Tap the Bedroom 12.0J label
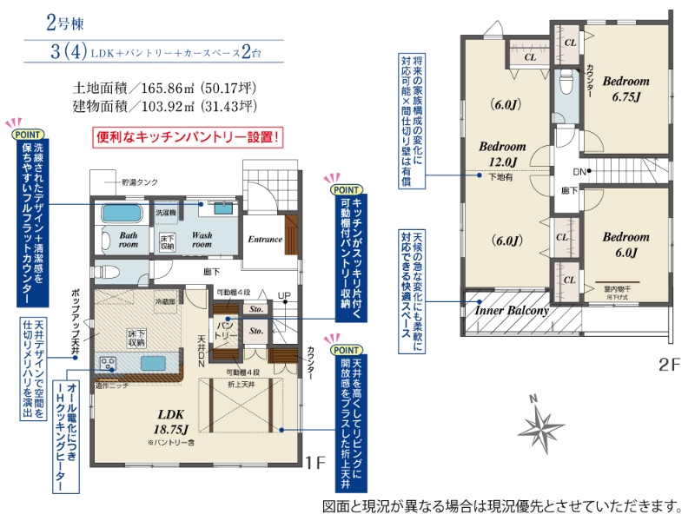coord(502,153)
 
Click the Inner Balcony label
coord(511,310)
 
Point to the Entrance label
coord(265,240)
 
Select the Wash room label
coord(202,239)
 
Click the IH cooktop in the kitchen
coord(109,363)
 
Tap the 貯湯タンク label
coord(140,181)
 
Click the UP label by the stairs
coord(284,296)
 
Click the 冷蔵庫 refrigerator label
coord(165,301)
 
